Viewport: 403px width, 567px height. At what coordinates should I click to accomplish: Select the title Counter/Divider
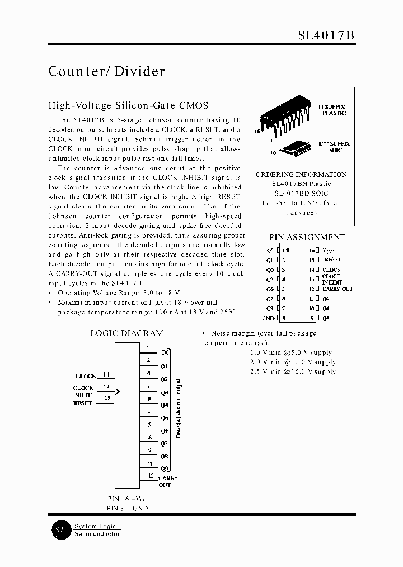coord(106,71)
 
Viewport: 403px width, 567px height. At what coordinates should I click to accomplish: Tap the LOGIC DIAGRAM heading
coord(127,333)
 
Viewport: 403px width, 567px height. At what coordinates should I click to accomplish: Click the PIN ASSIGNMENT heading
coord(307,237)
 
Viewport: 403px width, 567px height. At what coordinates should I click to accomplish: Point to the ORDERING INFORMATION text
coord(301,174)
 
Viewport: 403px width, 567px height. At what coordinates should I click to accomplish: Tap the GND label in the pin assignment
coord(268,318)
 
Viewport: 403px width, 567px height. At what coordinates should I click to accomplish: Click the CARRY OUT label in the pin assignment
coord(338,289)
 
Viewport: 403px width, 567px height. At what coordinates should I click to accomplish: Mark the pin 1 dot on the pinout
coord(288,250)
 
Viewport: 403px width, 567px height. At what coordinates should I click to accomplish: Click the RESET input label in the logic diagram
coord(83,403)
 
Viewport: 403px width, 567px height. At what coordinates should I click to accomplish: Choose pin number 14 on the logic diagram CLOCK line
coord(106,374)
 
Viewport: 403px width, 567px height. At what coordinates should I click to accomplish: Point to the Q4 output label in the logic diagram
coord(164,405)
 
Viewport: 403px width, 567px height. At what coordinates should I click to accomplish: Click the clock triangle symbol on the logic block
coord(118,391)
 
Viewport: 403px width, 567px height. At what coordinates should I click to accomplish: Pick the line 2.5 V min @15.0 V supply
coord(292,371)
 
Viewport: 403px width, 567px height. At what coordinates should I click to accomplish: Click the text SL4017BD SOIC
coord(301,193)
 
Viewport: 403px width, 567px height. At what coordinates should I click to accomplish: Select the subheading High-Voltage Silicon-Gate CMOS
coord(128,105)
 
